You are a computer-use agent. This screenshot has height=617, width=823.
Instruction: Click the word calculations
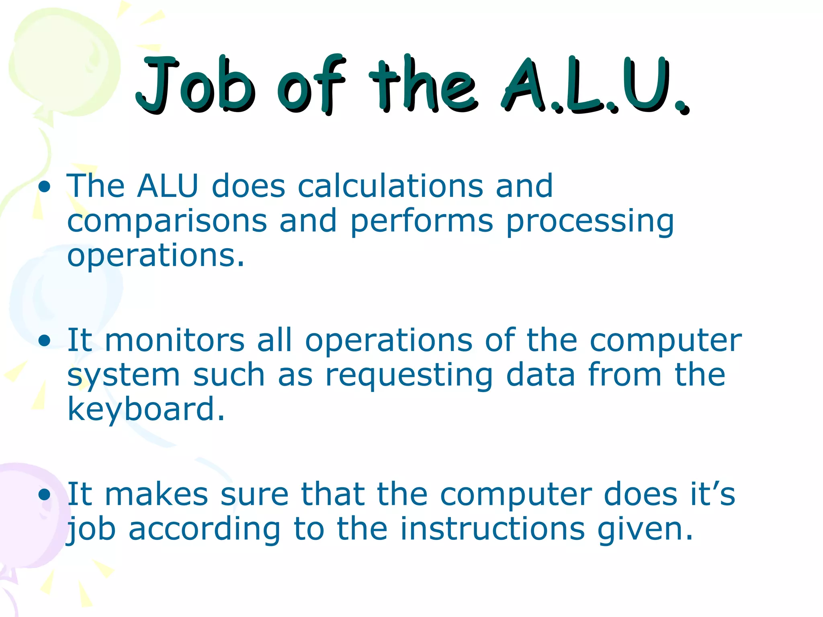pyautogui.click(x=390, y=186)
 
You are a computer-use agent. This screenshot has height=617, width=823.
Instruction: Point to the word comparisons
pyautogui.click(x=167, y=221)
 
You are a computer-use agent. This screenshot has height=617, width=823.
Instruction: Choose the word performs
pyautogui.click(x=422, y=221)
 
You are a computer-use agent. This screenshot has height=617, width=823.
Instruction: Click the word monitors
pyautogui.click(x=175, y=340)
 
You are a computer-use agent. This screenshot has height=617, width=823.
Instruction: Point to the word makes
pyautogui.click(x=156, y=494)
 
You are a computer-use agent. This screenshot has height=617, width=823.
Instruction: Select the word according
pyautogui.click(x=205, y=529)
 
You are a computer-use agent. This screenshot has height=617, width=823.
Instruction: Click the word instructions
pyautogui.click(x=493, y=529)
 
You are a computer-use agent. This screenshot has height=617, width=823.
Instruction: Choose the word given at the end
pyautogui.click(x=645, y=529)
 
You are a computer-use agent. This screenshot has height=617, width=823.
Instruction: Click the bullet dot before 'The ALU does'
pyautogui.click(x=45, y=187)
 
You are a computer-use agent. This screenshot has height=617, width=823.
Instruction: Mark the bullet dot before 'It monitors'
pyautogui.click(x=45, y=341)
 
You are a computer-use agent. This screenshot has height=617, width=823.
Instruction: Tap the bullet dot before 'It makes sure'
pyautogui.click(x=45, y=495)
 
